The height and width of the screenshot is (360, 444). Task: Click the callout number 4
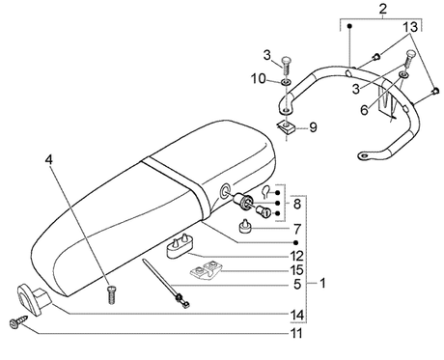(48, 160)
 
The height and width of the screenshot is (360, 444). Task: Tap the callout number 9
(313, 127)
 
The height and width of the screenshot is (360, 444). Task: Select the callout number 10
(259, 78)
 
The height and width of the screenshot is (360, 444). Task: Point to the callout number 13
(410, 27)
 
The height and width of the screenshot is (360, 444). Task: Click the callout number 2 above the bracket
(382, 9)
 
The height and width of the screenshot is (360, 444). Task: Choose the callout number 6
(364, 110)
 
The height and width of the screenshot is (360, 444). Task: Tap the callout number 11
(296, 333)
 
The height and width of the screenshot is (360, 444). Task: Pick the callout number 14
(296, 315)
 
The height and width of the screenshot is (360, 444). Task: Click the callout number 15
(296, 270)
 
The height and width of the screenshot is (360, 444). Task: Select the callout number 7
(297, 230)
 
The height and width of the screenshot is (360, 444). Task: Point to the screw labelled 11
(17, 322)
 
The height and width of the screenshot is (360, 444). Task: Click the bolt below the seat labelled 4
(111, 295)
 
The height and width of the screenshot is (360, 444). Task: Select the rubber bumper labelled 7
(245, 226)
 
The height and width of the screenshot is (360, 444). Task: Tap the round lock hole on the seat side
(225, 190)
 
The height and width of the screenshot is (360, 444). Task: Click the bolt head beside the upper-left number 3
(287, 61)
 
